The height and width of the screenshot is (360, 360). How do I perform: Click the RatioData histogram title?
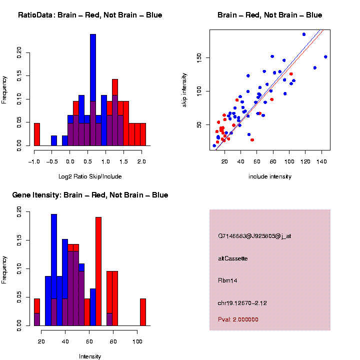coord(90,15)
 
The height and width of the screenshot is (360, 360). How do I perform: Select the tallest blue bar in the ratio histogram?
coord(93,90)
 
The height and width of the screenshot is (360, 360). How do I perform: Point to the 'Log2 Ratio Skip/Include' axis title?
coord(90,176)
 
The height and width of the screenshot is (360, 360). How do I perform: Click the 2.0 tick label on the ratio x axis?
coord(141,161)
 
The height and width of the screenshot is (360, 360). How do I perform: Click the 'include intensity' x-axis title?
coord(270,176)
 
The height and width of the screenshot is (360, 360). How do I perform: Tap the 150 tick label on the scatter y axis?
coord(198,57)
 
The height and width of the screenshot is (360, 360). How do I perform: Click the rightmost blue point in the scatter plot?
coord(325,57)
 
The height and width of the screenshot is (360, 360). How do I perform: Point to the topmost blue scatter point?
coord(304,34)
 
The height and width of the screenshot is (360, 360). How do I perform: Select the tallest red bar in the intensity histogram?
coord(98,270)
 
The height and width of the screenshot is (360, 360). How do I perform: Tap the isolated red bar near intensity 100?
coord(143,312)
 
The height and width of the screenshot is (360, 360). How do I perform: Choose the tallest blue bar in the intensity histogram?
coord(54,270)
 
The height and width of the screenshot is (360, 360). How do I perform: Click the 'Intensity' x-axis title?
coord(90,356)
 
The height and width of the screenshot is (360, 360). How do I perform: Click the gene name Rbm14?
coord(227,280)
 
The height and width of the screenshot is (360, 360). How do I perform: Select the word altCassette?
coord(233,258)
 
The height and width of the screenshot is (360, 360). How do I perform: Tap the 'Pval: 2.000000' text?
coord(238,319)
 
